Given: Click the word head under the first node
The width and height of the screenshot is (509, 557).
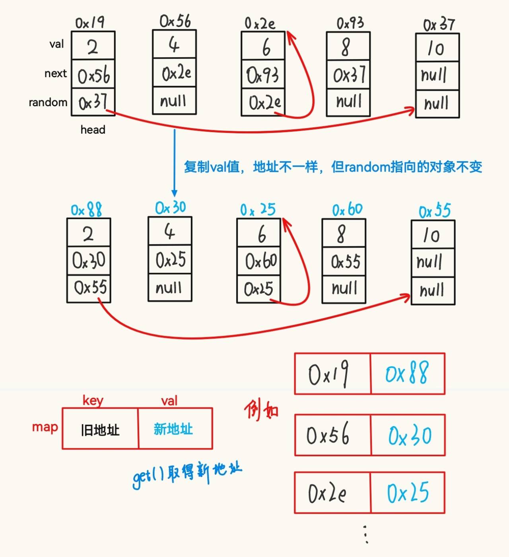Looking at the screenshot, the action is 93,130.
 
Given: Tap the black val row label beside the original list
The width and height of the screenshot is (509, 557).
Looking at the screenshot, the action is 56,44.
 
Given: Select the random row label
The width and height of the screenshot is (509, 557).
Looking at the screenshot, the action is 48,102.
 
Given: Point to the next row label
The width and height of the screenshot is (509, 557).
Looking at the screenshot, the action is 55,74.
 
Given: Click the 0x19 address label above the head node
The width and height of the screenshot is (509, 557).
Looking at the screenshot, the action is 89,22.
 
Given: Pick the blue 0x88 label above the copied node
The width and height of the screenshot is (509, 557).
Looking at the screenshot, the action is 86,209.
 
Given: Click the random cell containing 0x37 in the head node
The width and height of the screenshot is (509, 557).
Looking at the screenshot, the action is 93,102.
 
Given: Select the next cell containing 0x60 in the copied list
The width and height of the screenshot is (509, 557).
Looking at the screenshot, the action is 261,261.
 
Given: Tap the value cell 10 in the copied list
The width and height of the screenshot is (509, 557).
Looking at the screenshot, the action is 432,235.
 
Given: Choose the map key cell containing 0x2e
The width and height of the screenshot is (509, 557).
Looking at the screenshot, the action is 332,493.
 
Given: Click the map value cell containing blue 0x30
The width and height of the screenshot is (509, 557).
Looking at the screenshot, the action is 408,435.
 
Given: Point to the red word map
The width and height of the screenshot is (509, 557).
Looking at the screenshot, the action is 45,427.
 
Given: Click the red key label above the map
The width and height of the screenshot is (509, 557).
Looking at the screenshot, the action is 93,400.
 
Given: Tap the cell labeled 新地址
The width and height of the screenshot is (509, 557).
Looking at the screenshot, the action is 173,429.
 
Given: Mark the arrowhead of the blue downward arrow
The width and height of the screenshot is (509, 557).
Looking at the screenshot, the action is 174,193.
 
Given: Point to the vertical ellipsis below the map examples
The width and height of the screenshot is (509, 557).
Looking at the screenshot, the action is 366,534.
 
